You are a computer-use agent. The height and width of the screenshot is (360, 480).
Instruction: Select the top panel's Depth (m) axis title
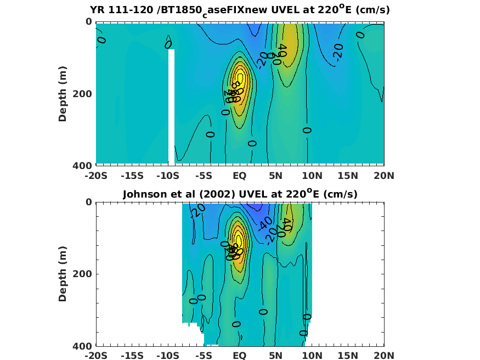coord(63,93)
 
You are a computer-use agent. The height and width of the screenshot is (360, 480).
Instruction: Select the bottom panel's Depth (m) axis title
coord(63,274)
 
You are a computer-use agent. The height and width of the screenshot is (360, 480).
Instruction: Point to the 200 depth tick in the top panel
coord(83,93)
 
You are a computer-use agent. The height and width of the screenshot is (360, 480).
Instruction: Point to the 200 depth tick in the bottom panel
coord(83,274)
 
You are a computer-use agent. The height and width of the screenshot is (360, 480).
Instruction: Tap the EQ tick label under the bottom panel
coord(240,356)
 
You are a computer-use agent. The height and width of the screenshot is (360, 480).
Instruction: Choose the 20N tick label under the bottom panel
coord(383,356)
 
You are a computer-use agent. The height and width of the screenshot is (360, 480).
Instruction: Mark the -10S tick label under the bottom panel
coord(168,356)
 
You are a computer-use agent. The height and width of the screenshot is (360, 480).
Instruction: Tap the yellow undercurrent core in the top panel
coord(240,82)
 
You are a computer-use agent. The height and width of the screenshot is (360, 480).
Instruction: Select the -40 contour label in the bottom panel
coord(266,224)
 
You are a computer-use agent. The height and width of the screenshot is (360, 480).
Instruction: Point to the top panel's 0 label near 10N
coord(307,130)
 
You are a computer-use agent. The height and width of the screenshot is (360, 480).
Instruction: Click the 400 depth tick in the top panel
coord(83,165)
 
